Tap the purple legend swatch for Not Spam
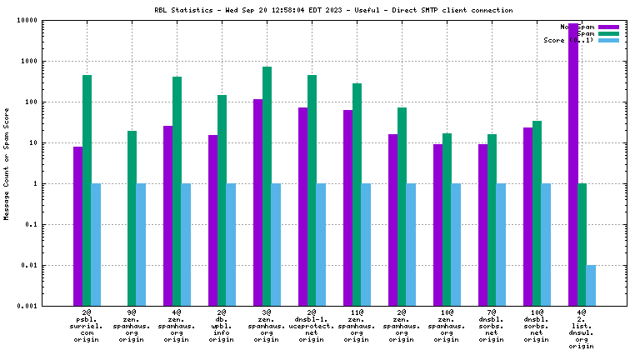(608, 27)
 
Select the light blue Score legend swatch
(608, 40)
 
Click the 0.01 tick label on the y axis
(50, 266)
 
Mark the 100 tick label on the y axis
(52, 102)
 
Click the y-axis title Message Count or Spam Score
(7, 163)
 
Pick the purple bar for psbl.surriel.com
(77, 226)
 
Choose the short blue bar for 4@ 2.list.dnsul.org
(591, 285)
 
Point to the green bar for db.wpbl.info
(222, 200)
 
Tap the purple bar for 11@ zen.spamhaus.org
(347, 207)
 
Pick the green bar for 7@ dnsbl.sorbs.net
(492, 220)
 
